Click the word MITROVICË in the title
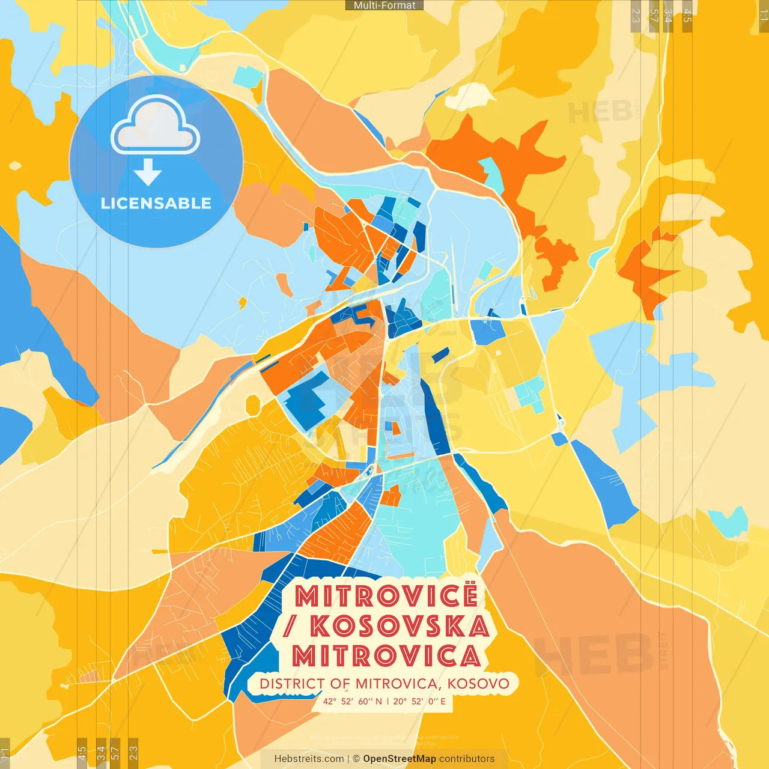click(x=386, y=596)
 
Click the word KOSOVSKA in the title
click(x=400, y=626)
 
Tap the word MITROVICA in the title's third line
click(x=386, y=655)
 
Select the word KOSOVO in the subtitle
click(x=478, y=684)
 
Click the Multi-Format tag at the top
click(x=384, y=5)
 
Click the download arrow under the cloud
click(x=148, y=172)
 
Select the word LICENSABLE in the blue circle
click(x=156, y=203)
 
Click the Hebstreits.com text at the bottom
click(x=309, y=759)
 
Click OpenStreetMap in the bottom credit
click(x=400, y=759)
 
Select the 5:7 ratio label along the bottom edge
click(x=115, y=752)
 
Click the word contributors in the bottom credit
click(x=467, y=759)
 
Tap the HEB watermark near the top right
click(x=600, y=112)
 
